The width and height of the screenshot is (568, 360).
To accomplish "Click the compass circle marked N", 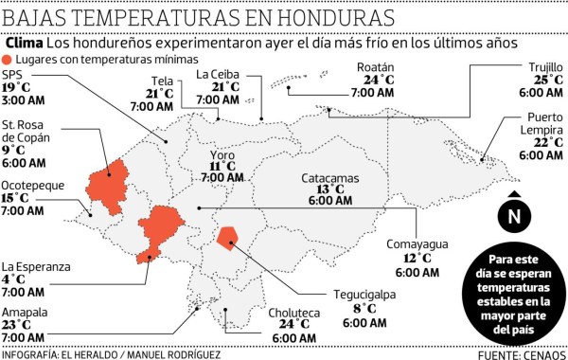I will coord(513,217).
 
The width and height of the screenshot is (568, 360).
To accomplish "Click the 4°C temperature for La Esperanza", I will coord(13,279).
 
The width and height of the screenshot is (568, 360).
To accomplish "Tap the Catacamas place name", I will coord(330,177).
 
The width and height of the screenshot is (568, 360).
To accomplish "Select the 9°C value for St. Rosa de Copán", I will coord(13,150).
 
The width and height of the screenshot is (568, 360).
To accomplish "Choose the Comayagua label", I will coord(416,244).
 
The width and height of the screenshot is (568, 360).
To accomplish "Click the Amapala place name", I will coord(23,312).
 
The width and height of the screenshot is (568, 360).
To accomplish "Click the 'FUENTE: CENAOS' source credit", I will coord(511,354).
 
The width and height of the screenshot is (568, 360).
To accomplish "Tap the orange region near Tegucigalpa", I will coord(227,237).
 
